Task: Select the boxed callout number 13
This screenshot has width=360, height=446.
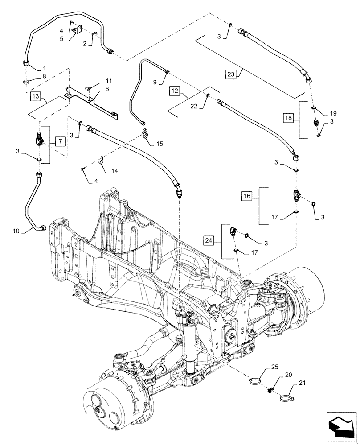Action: (36, 96)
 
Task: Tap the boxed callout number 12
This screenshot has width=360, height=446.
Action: (175, 91)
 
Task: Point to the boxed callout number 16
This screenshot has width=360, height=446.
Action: (248, 195)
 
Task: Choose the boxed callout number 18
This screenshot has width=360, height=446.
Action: (290, 118)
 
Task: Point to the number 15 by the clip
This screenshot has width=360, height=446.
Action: (160, 144)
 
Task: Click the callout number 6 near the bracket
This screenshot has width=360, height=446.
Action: (95, 89)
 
